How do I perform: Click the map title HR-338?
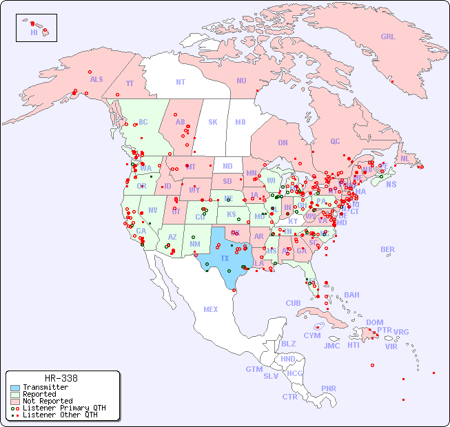[61, 378]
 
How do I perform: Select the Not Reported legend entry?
[47, 401]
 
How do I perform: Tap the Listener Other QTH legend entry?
[59, 415]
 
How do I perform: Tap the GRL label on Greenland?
[388, 37]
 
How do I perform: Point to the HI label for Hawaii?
[34, 32]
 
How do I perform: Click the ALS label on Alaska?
[96, 79]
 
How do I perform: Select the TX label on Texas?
[225, 258]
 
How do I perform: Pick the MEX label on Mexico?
[211, 309]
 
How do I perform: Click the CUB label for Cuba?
[294, 303]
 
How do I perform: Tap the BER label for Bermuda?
[387, 249]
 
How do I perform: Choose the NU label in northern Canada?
[241, 81]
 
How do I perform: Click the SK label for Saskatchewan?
[213, 122]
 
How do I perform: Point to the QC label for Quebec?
[335, 141]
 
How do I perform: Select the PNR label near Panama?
[329, 388]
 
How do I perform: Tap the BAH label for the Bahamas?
[351, 295]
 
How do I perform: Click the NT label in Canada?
[180, 82]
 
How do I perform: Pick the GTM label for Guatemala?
[254, 369]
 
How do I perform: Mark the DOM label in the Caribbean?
[374, 322]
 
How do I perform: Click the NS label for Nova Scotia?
[391, 184]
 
